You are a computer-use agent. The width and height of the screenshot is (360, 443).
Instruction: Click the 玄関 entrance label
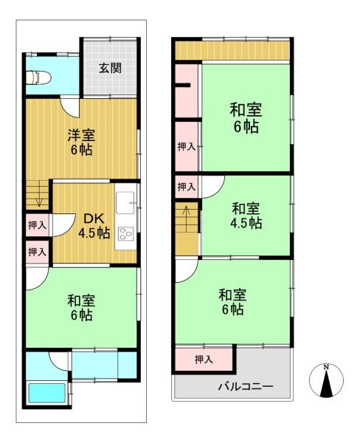coord(110,68)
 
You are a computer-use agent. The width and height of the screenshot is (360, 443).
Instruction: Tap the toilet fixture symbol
coord(38,78)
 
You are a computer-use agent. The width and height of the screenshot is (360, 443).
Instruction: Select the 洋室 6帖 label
coord(81,142)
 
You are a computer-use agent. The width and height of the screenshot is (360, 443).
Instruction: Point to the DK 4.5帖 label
coord(94,226)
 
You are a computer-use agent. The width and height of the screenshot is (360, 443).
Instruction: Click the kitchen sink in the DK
coord(125,203)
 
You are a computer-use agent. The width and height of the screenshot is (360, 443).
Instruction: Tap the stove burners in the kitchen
coord(125,233)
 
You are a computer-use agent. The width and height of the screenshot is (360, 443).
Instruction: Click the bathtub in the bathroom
coord(47,393)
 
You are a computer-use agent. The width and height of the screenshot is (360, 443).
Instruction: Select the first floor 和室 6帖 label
coord(81,308)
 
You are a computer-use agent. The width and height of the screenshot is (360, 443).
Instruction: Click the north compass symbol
coord(326,380)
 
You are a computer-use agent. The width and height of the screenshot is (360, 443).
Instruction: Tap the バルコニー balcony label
coord(246,386)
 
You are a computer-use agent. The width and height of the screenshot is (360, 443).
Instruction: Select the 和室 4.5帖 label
coord(246,216)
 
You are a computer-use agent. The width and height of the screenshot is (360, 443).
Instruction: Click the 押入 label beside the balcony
coord(204,360)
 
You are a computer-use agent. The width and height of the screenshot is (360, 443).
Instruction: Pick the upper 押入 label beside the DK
coord(38,225)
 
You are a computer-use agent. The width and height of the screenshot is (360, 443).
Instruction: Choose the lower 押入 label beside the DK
coord(38,252)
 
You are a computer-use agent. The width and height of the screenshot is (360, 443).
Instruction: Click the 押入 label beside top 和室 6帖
coord(187,147)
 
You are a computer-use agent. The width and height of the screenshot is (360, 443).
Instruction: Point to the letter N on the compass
coord(326,367)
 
